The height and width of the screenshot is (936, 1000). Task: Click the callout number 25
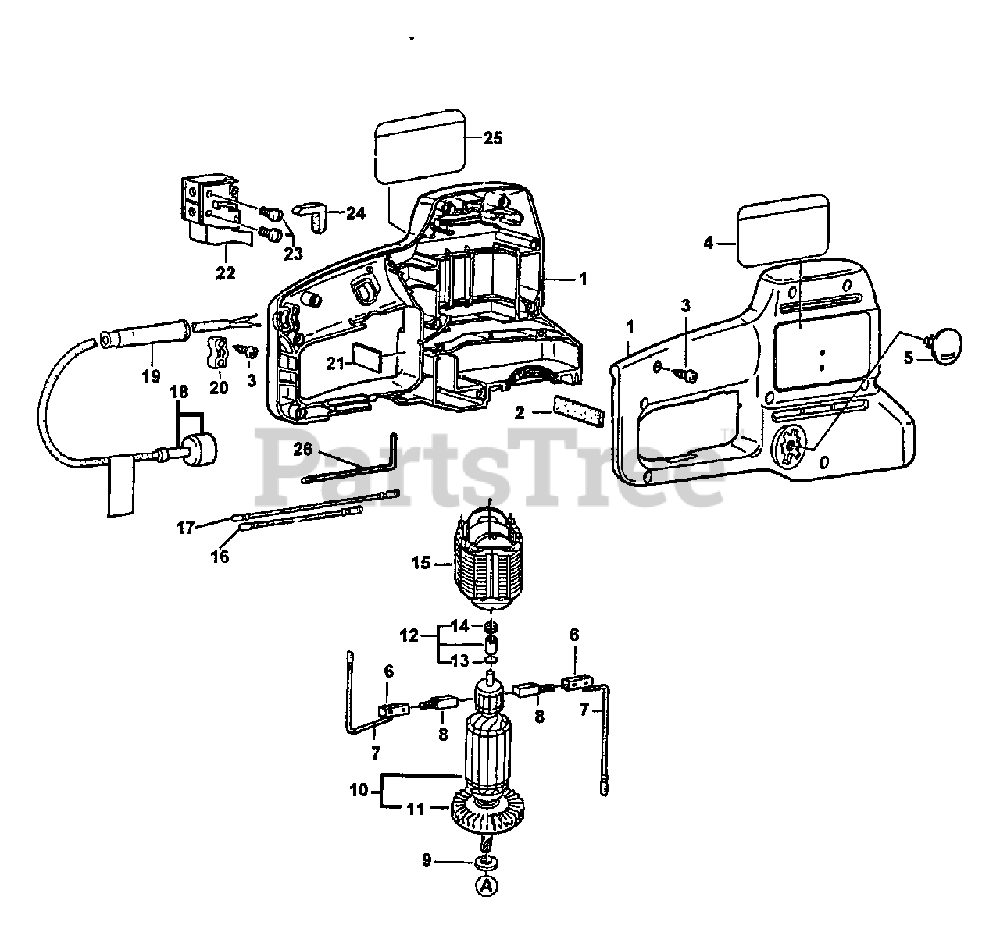coord(492,138)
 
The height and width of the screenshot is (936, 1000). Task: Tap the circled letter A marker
coord(487,885)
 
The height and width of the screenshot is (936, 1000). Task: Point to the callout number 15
coord(421,562)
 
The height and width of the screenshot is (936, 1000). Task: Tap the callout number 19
coord(151,375)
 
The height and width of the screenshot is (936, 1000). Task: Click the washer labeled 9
coord(487,862)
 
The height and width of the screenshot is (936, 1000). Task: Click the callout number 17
coord(184,528)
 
